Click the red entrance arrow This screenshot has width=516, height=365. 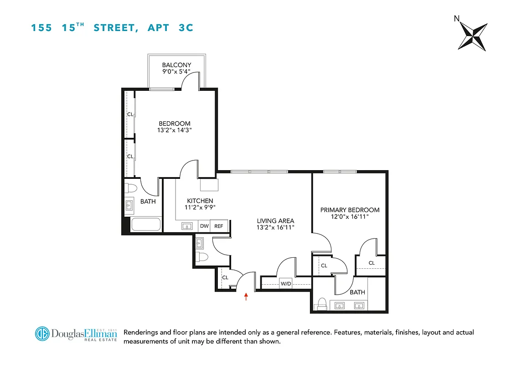[246, 297]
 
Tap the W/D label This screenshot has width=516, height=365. [286, 284]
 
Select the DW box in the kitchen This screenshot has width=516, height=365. [204, 226]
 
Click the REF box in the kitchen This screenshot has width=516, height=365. [219, 226]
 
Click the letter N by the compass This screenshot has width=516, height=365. [456, 19]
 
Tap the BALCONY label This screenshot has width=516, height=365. [176, 65]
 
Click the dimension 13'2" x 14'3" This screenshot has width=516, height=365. [175, 130]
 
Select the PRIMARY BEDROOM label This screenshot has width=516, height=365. [350, 210]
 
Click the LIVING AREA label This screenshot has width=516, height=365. [275, 221]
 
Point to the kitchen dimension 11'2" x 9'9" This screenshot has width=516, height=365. [200, 207]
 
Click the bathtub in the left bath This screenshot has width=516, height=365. [146, 224]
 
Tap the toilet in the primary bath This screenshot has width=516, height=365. [322, 304]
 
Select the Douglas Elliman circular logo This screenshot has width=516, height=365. [42, 334]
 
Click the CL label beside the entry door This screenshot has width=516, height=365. [225, 277]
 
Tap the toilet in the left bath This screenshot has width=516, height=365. [131, 188]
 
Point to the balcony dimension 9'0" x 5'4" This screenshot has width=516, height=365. [176, 72]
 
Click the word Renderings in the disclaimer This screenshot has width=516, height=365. [142, 332]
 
